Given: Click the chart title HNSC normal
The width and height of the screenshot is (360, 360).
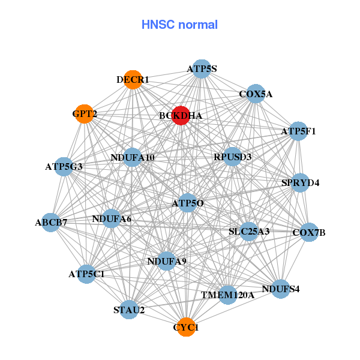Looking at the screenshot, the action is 179,25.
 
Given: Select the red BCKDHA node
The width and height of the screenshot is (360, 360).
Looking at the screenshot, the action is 181,115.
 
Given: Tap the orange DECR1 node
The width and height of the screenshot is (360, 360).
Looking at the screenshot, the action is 133,80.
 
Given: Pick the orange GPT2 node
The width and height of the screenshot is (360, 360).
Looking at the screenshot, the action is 85,113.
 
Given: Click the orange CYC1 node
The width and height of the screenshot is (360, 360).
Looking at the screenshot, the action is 187,327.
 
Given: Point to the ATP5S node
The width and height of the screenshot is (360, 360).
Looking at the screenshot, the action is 202,69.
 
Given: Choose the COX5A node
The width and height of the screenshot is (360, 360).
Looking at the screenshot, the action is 256,94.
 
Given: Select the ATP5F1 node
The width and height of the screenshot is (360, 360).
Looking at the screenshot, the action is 298,131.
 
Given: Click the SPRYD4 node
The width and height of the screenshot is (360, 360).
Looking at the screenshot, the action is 301,182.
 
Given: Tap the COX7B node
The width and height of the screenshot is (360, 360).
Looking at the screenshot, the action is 309,232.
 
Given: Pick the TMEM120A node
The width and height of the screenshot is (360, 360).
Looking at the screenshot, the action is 227,295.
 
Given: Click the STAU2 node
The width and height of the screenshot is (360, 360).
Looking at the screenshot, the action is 129,310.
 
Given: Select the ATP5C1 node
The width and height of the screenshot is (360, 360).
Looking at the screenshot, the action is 86,274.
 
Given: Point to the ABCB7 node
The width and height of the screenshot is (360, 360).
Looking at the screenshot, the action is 51,223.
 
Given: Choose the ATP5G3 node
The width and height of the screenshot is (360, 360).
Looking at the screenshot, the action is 64,166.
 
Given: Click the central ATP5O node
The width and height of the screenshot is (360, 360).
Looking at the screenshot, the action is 188,203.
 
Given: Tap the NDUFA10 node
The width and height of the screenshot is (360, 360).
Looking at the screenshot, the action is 133,158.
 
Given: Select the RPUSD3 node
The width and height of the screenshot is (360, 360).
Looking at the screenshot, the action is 232,157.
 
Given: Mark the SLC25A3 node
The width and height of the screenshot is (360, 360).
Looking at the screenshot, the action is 250,231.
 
